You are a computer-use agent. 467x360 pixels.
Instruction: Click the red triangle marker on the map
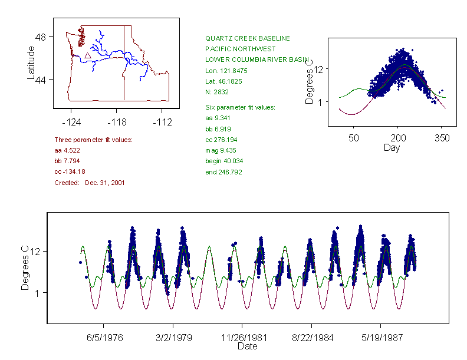tap(87, 55)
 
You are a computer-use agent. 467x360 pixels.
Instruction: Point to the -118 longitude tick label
tap(117, 122)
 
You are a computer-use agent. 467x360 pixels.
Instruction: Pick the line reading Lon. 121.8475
tap(226, 71)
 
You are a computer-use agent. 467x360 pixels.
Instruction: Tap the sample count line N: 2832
tap(216, 92)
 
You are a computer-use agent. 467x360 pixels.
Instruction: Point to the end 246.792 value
tap(223, 172)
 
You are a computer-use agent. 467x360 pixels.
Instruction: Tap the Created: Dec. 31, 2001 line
tap(89, 183)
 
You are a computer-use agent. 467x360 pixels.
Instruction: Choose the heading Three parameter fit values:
tap(93, 140)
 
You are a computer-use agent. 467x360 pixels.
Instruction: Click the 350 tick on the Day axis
tap(442, 138)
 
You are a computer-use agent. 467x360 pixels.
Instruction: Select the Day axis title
tap(391, 147)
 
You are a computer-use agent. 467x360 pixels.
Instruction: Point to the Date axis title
tap(247, 346)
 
